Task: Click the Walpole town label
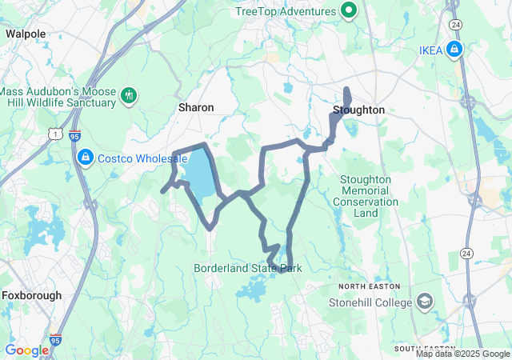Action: click(26, 34)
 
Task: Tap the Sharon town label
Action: click(195, 106)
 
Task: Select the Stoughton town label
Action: click(359, 110)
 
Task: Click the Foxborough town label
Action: click(31, 295)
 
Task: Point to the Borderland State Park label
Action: click(247, 269)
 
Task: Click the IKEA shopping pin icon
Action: click(454, 50)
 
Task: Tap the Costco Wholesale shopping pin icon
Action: click(85, 158)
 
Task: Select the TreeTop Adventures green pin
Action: click(348, 11)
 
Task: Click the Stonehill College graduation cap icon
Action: click(425, 302)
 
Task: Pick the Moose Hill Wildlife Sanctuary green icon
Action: click(128, 96)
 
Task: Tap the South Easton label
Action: click(424, 349)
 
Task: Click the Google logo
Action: click(26, 350)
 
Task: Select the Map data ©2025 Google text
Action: click(462, 354)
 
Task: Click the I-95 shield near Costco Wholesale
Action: click(74, 136)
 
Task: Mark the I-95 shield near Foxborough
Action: click(55, 340)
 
